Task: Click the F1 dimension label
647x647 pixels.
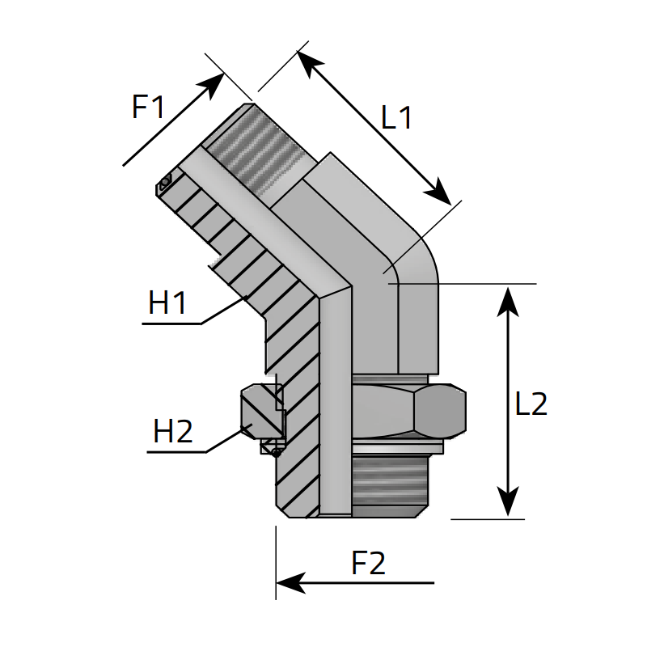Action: (148, 108)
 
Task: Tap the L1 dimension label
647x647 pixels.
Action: (397, 119)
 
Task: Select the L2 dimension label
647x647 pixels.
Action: (531, 404)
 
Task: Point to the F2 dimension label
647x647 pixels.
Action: (368, 564)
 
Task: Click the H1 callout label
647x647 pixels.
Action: (167, 304)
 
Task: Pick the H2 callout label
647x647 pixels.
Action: (173, 433)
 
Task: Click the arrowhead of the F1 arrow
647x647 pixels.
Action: (215, 81)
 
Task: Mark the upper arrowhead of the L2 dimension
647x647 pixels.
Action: (507, 296)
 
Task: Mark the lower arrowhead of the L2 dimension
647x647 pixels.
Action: (507, 505)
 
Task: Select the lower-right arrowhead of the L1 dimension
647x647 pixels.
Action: (441, 195)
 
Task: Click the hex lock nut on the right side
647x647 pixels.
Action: (412, 411)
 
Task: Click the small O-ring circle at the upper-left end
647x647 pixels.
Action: (165, 183)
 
